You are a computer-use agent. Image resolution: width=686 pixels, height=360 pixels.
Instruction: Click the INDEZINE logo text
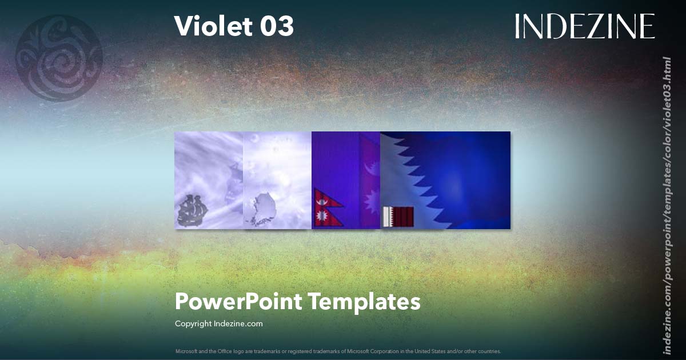point(584,26)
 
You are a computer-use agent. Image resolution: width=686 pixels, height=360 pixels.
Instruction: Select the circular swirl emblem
point(58,58)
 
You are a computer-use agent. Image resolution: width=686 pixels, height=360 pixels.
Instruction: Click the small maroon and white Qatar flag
point(398,217)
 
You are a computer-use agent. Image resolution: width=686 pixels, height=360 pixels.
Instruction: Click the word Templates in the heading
point(365,301)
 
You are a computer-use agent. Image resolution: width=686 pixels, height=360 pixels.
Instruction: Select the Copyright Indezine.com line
point(218,323)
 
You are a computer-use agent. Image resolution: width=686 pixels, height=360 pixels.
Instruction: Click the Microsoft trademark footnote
point(338,351)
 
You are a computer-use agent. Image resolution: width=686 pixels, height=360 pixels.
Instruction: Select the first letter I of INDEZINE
point(518,26)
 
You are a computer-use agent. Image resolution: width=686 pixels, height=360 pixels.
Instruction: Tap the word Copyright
point(193,323)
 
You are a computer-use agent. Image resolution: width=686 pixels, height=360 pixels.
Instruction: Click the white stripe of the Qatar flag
point(387,217)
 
